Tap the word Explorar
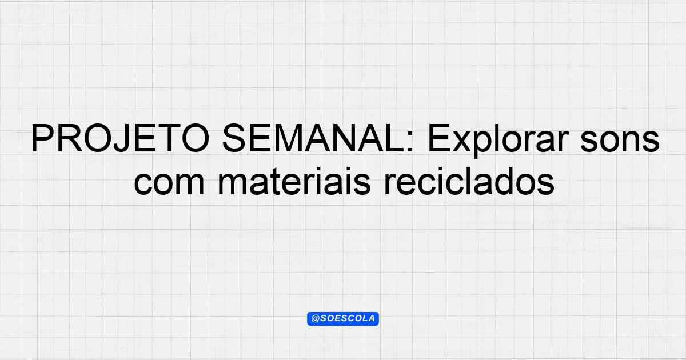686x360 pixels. [498, 141]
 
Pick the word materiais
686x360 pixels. [294, 181]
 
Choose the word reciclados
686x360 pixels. [469, 181]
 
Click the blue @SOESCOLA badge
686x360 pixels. [343, 319]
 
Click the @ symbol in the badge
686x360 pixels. [316, 319]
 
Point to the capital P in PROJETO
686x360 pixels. [42, 138]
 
